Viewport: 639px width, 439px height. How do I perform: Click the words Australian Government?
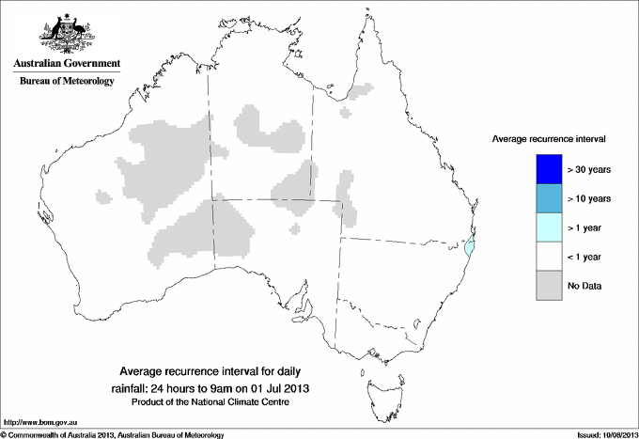(x=66, y=64)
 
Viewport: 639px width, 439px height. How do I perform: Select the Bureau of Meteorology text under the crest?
(x=66, y=82)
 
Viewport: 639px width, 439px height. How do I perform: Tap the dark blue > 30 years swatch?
(x=549, y=169)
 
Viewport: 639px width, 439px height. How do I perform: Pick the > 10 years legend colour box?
(x=549, y=198)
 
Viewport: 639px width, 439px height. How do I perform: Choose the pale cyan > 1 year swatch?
(x=549, y=227)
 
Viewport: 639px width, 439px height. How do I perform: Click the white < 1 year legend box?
(x=549, y=257)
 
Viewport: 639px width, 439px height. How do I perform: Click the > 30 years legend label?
(x=589, y=170)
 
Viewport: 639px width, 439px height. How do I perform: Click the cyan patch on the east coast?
(x=471, y=247)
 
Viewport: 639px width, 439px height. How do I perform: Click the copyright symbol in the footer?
(x=4, y=434)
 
